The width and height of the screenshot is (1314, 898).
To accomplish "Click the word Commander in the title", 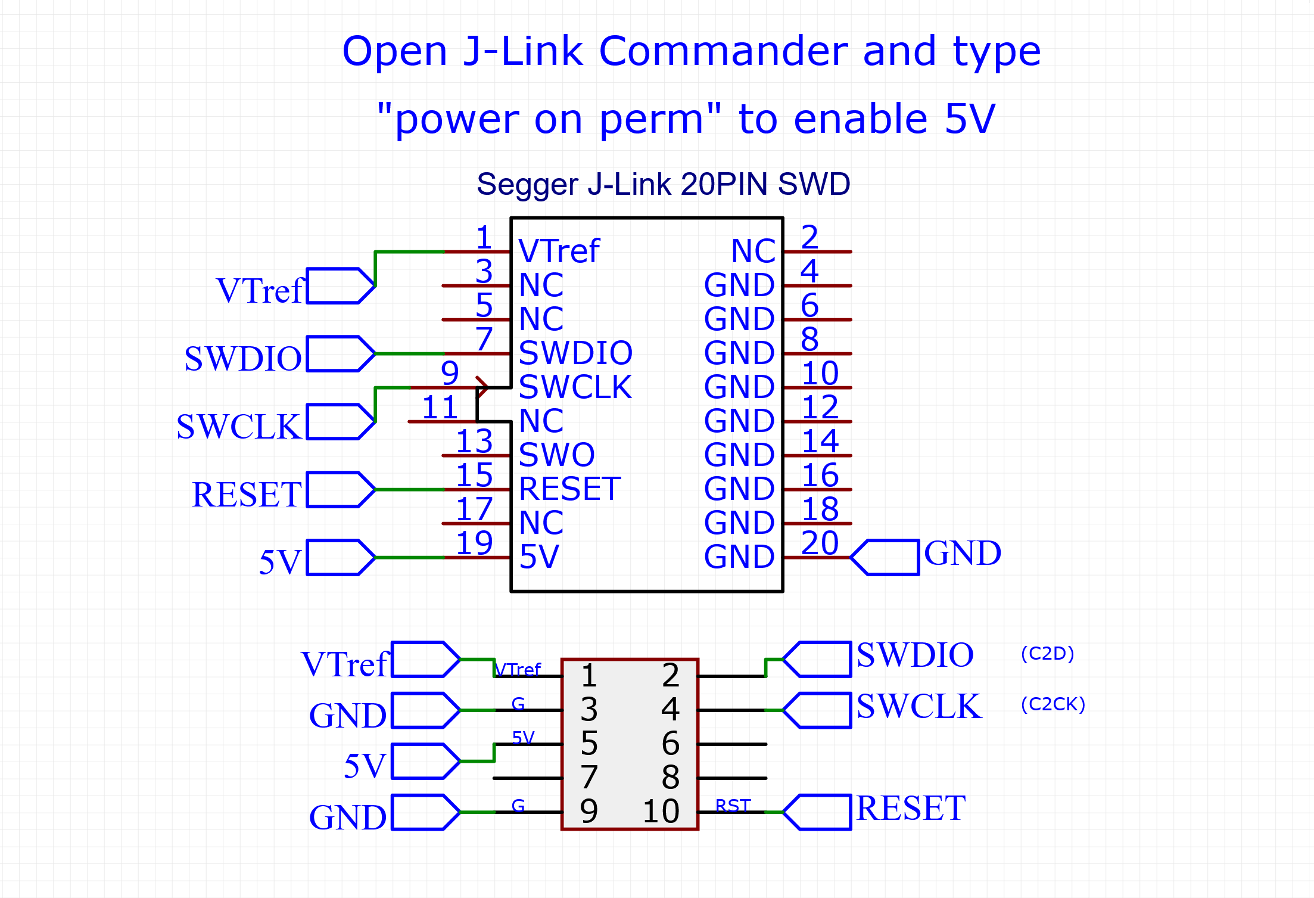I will click(723, 51).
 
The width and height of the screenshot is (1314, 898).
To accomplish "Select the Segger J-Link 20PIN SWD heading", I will click(663, 184).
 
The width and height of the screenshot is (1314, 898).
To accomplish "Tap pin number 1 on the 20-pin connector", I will click(484, 237).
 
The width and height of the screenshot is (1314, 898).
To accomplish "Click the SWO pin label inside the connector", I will click(556, 455).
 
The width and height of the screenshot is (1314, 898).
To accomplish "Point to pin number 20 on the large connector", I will click(820, 543).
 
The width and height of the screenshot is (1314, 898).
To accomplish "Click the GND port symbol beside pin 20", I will click(886, 557).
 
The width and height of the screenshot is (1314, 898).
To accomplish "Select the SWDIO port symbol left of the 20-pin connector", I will click(340, 354).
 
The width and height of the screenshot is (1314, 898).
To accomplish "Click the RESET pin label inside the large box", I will click(569, 489).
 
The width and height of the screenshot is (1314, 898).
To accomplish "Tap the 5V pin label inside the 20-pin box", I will click(539, 557).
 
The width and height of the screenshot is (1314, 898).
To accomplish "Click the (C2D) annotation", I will click(1047, 654).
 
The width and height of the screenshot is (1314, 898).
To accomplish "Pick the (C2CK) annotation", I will click(1053, 704).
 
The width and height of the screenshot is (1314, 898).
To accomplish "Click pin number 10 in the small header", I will click(661, 812).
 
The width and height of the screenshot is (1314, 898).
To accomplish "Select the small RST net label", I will click(733, 806).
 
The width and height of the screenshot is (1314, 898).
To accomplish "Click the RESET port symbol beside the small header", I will click(818, 812).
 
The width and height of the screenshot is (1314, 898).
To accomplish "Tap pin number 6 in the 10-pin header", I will click(670, 744).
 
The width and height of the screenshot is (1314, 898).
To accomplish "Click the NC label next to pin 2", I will click(753, 251).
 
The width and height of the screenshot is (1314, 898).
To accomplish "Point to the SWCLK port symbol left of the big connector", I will click(340, 422).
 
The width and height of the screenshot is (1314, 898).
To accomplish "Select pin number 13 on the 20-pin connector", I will click(474, 442).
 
